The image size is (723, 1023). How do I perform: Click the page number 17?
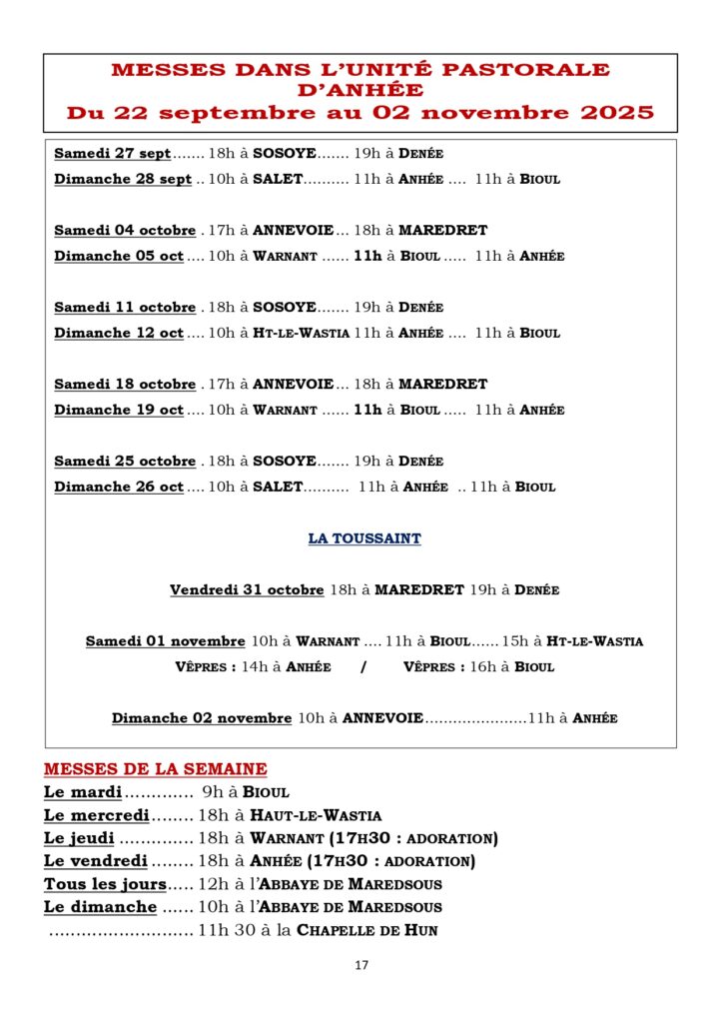coord(361,965)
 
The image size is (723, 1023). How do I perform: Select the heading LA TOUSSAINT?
coord(364,538)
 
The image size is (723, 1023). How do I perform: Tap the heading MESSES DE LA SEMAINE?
coord(156,769)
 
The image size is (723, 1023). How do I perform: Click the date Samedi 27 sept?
coord(113,154)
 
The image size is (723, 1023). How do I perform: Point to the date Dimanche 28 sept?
coord(123,179)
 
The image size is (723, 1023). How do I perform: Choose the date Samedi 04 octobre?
coord(125,230)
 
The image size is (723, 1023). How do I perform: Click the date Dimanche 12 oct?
coord(119,333)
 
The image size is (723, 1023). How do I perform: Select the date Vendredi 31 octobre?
coord(247,589)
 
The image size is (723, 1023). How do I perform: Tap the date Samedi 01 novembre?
coord(166,641)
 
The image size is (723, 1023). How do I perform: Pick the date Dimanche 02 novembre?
coord(202,718)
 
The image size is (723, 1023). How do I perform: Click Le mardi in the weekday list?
coord(83,792)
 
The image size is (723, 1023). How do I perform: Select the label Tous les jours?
coord(105,884)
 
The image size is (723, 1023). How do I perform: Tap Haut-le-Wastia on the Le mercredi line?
coord(317,815)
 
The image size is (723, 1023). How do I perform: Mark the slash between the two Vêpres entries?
coord(363,666)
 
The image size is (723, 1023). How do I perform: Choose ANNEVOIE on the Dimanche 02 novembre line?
coord(383,718)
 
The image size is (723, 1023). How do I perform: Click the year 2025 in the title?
coord(612,112)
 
